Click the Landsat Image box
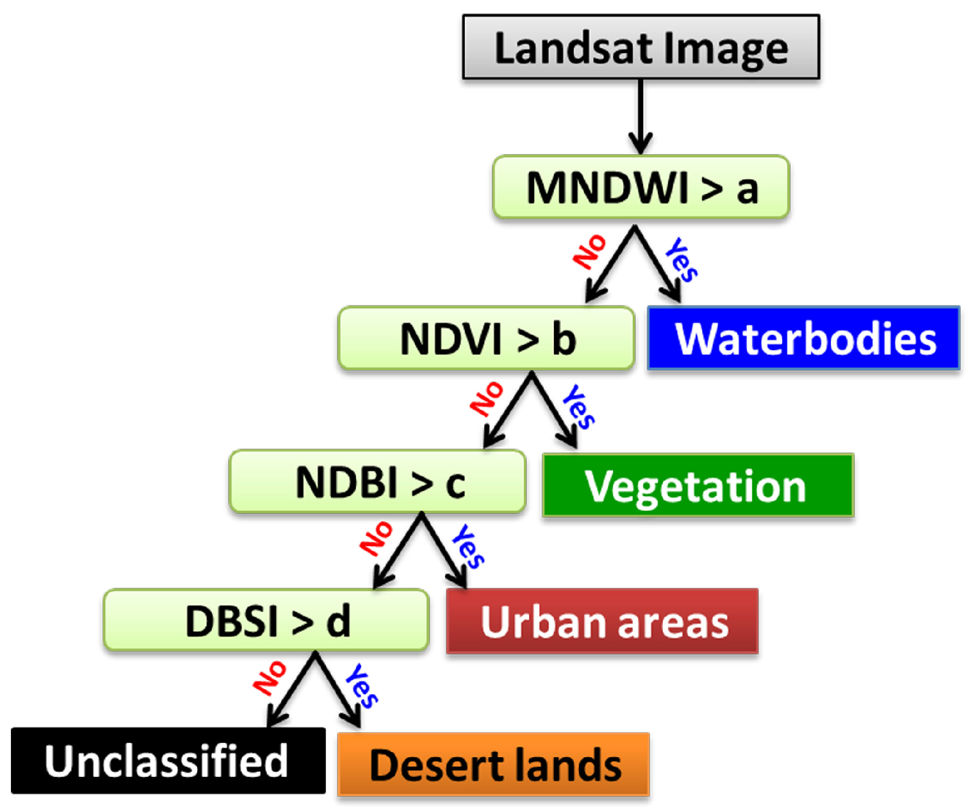pyautogui.click(x=641, y=47)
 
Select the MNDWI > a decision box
pyautogui.click(x=641, y=187)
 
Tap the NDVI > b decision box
pyautogui.click(x=486, y=338)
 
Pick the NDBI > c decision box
pyautogui.click(x=377, y=482)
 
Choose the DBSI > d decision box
pyautogui.click(x=266, y=620)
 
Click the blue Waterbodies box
pyautogui.click(x=803, y=338)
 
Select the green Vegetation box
pyautogui.click(x=698, y=485)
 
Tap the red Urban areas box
pyautogui.click(x=602, y=621)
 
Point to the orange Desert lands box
pyautogui.click(x=494, y=764)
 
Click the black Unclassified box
pyautogui.click(x=168, y=760)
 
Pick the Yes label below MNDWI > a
pyautogui.click(x=681, y=259)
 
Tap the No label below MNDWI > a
pyautogui.click(x=589, y=252)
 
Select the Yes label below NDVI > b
pyautogui.click(x=579, y=406)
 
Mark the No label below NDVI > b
pyautogui.click(x=487, y=399)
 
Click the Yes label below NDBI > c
pyautogui.click(x=469, y=546)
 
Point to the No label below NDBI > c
pyautogui.click(x=376, y=539)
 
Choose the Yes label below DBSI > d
pyautogui.click(x=362, y=686)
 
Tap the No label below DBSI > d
pyautogui.click(x=270, y=678)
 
